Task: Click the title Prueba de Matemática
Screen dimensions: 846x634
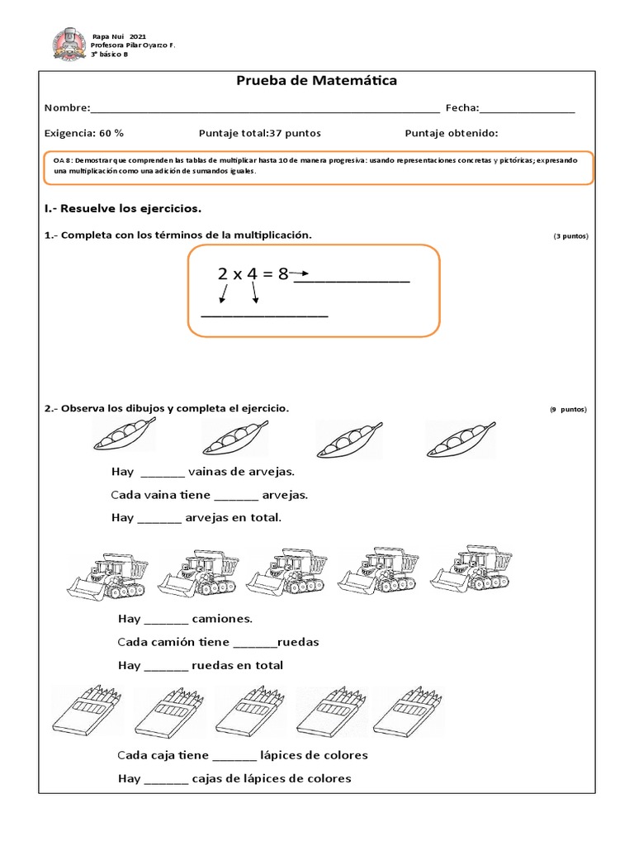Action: click(317, 81)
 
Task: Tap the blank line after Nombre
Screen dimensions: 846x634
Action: click(264, 109)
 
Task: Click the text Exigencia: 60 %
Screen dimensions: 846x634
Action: click(84, 133)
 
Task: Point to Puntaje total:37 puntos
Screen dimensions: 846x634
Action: click(260, 133)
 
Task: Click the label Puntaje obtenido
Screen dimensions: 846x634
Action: click(452, 133)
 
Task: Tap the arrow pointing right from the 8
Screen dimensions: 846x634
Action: click(300, 273)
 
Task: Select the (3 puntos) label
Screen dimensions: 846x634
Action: click(570, 236)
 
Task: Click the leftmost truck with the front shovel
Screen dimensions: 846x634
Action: click(106, 576)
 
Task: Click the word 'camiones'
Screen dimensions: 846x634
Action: click(221, 619)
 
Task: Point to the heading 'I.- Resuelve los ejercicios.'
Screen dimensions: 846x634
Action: click(122, 207)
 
